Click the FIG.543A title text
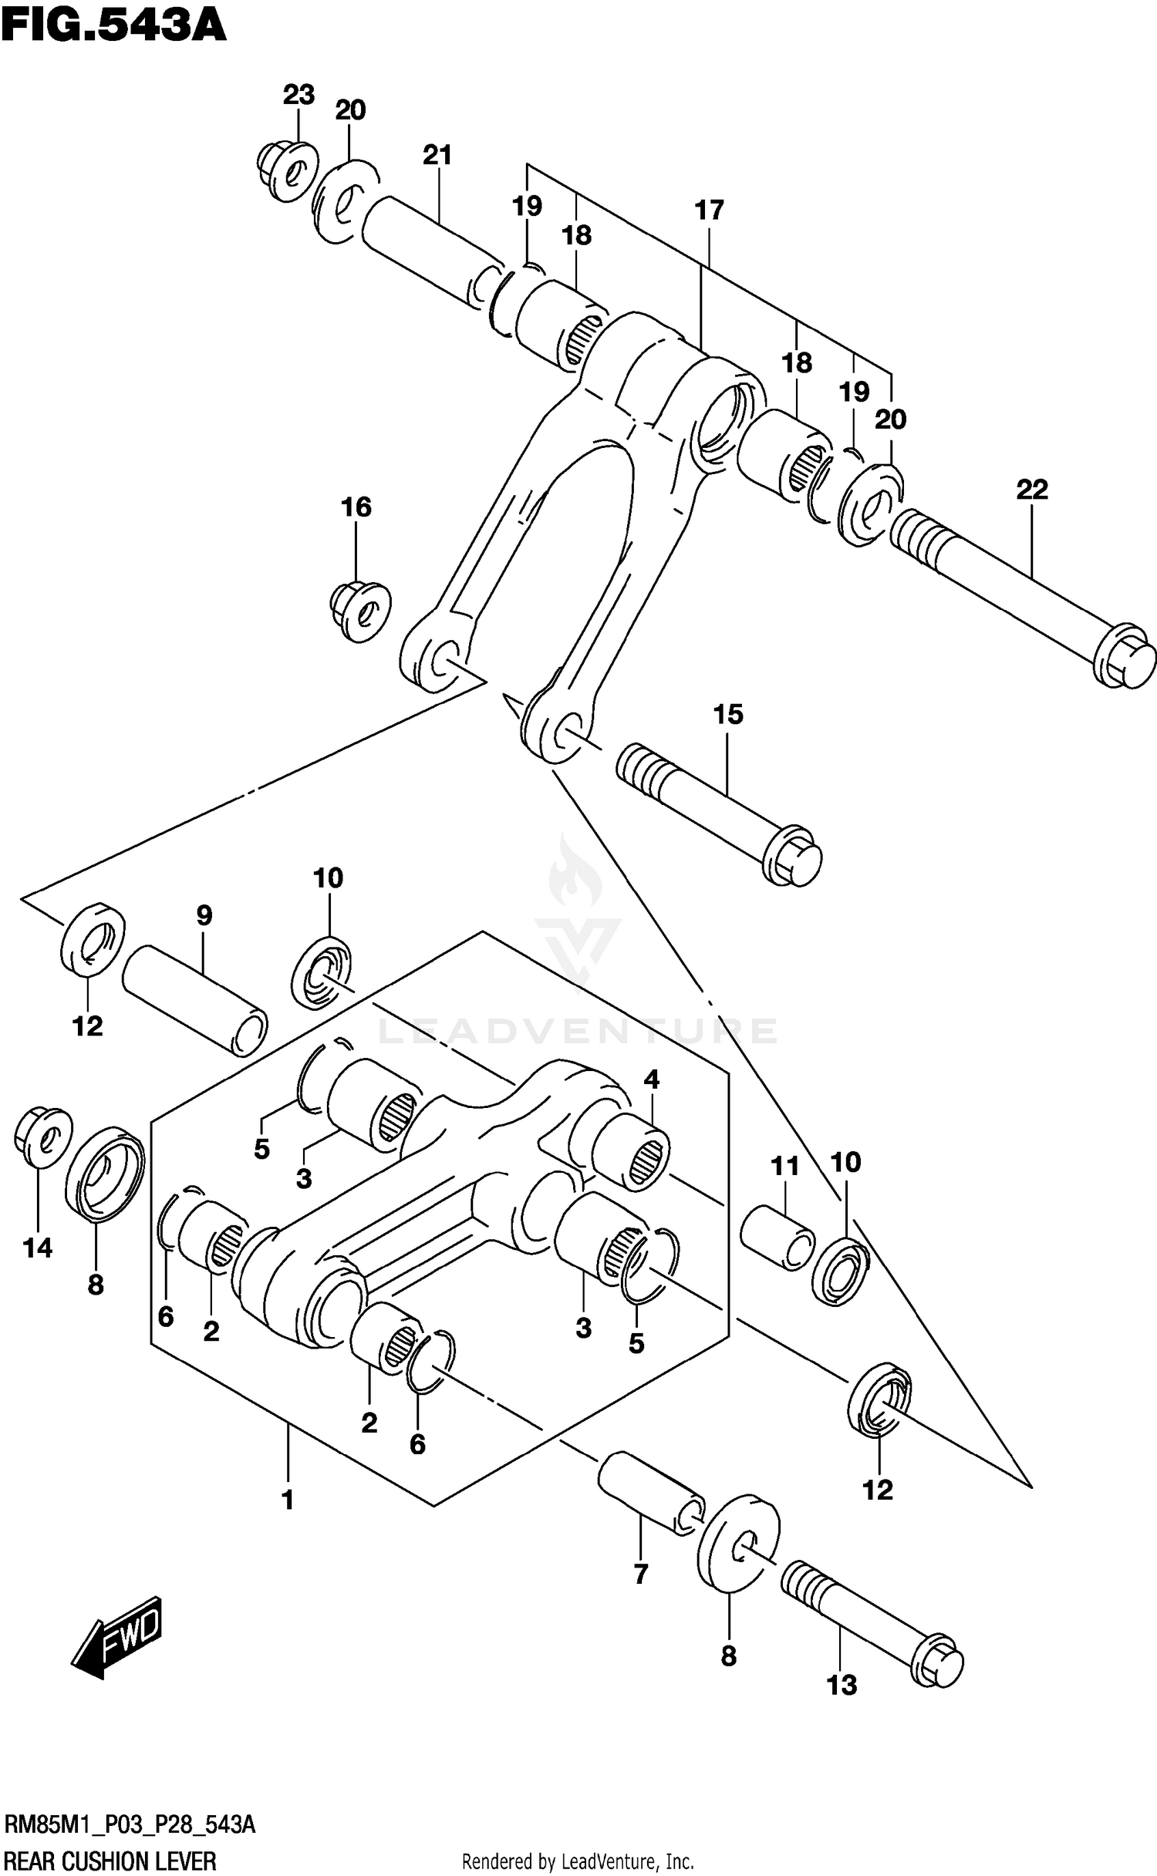[x=113, y=25]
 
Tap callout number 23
[x=299, y=95]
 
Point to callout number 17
[x=709, y=210]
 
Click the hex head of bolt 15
[x=793, y=856]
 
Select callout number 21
[x=437, y=155]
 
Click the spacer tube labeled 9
[x=194, y=1001]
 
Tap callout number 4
[x=652, y=1079]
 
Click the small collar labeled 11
[x=777, y=1239]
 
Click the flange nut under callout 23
[x=288, y=170]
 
